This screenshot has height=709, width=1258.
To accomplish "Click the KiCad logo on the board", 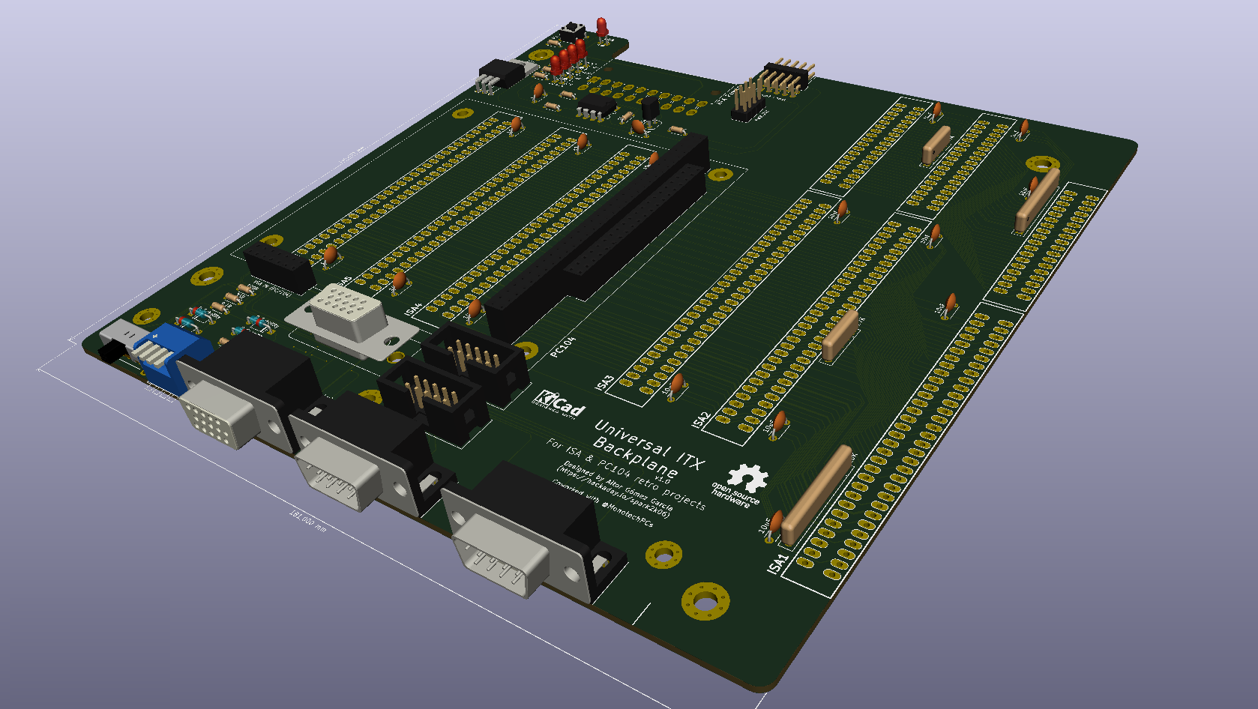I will click(561, 405).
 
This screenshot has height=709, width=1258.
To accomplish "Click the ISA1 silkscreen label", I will click(778, 563).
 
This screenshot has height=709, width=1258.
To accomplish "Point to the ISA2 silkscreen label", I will click(701, 420).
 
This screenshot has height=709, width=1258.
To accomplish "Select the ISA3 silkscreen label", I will click(604, 382).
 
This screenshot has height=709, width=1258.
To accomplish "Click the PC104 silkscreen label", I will click(563, 346).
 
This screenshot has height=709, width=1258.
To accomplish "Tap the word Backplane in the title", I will click(634, 459).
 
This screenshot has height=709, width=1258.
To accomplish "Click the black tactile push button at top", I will click(574, 32).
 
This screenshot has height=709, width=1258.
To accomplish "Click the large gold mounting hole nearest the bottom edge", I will click(705, 601).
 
